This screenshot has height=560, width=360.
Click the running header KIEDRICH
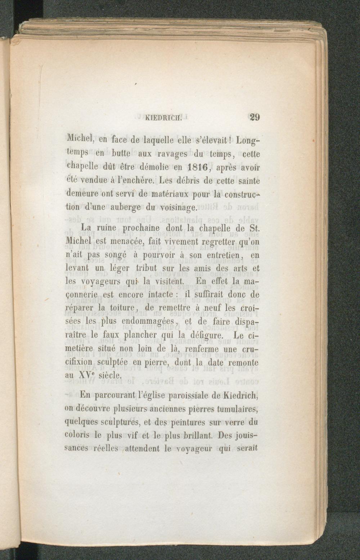click(x=164, y=117)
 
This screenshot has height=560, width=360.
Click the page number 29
click(x=254, y=117)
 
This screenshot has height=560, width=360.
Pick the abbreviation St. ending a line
click(x=253, y=228)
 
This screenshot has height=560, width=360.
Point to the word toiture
click(x=122, y=308)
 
